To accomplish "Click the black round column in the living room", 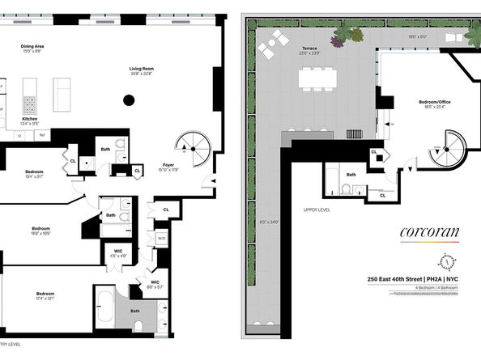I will click(128, 101).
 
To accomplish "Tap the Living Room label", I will click(143, 70).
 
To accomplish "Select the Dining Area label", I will click(33, 48).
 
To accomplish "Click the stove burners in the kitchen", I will click(31, 103).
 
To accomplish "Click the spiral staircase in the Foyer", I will click(194, 145).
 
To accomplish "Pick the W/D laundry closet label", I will click(161, 239).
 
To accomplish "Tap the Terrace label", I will click(309, 49).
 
